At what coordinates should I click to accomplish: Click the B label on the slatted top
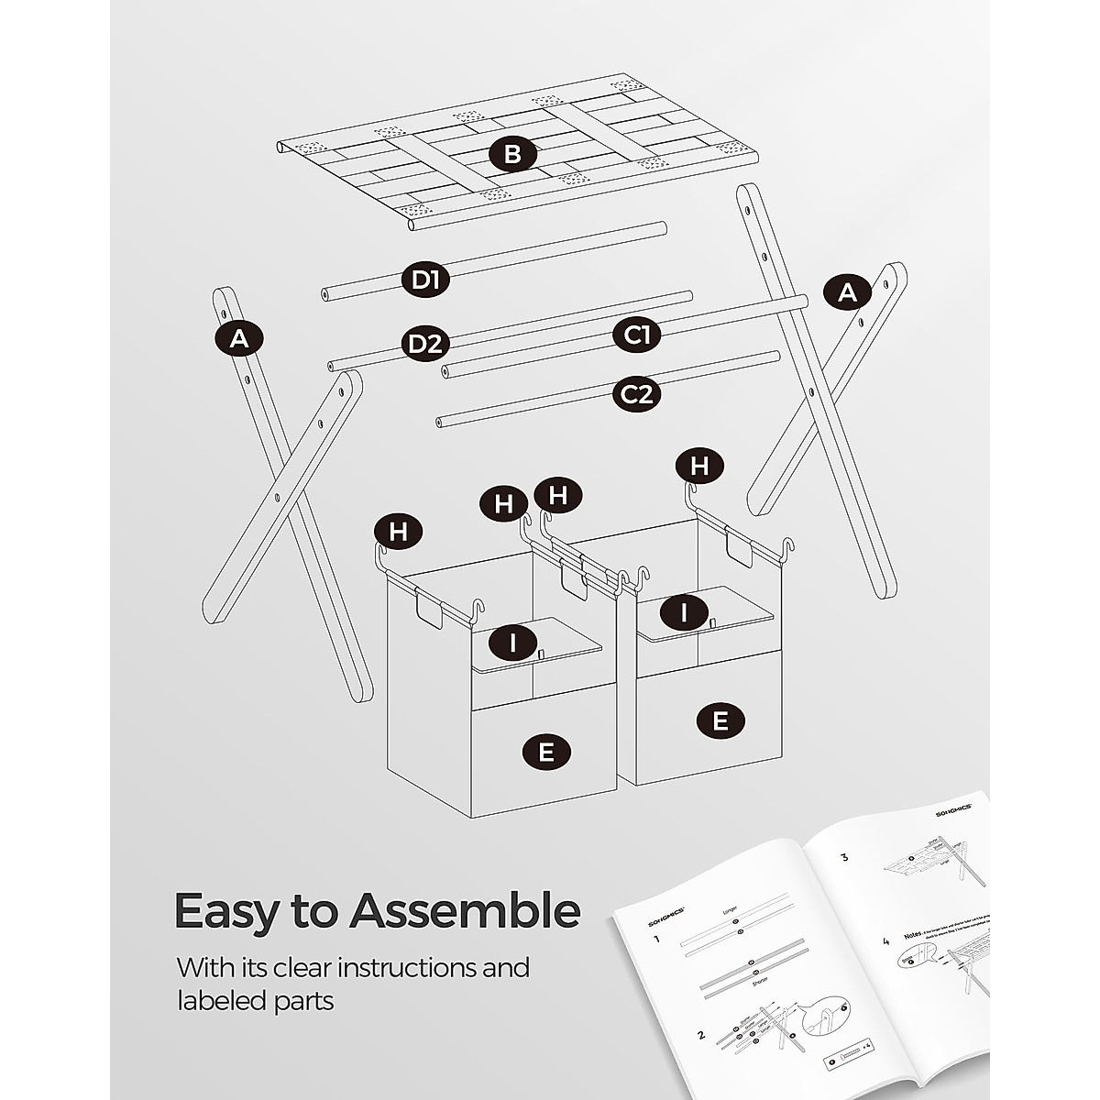point(511,154)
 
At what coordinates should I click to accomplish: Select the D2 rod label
point(425,345)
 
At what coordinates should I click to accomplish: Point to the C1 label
point(636,335)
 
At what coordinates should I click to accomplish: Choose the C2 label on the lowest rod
point(636,395)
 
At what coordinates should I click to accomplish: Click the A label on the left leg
point(239,339)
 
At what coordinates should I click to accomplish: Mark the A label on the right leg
point(847,292)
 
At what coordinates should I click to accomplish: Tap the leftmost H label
point(399,532)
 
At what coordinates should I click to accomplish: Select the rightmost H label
point(699,466)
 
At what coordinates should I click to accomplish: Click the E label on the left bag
point(545,753)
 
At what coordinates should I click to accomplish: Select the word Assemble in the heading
point(466,911)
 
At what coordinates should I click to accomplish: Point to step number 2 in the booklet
point(701,1035)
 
